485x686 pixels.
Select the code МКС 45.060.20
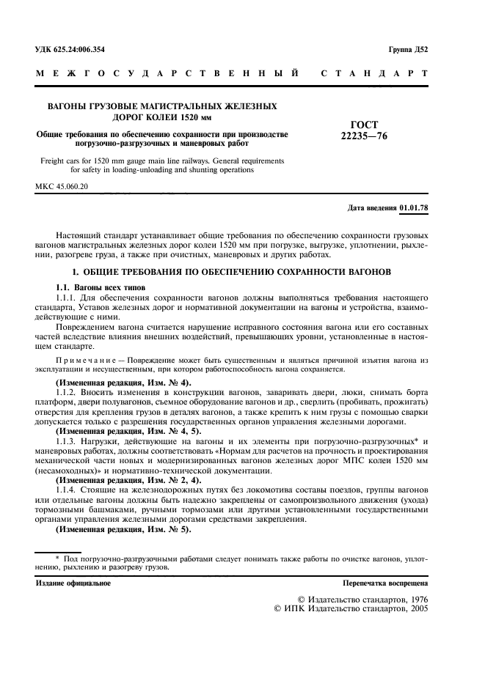pos(61,187)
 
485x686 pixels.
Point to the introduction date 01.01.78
pos(414,208)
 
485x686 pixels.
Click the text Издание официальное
pos(73,583)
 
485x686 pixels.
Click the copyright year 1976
pos(414,599)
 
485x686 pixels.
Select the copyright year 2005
pos(414,608)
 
